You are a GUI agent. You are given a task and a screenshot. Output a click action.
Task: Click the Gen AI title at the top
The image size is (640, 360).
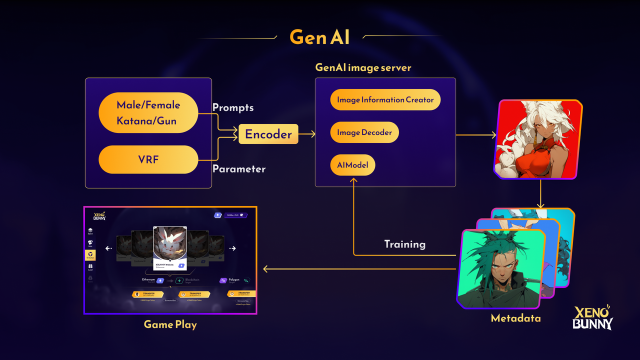tap(319, 37)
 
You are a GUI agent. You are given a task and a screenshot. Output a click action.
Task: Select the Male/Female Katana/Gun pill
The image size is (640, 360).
tap(148, 112)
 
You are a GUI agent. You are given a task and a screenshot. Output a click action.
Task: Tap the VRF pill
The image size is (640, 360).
tap(148, 159)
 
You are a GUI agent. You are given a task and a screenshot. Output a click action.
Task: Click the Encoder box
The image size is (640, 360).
tap(268, 134)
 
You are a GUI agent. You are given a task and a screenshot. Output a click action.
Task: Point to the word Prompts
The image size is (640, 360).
tap(233, 107)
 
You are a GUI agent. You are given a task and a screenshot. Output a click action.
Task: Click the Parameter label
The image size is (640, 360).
tap(239, 169)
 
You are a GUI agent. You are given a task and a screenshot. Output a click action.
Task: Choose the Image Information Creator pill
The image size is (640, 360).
tap(385, 99)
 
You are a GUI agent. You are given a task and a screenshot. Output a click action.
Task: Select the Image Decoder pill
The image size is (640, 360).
tap(364, 132)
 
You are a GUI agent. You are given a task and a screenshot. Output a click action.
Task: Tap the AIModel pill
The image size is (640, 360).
tap(352, 165)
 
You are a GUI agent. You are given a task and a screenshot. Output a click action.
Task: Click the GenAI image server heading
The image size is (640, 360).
tap(363, 67)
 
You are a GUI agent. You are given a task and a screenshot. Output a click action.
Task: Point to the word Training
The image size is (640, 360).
tap(404, 244)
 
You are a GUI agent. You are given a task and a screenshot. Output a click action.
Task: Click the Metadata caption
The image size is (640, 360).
tap(515, 318)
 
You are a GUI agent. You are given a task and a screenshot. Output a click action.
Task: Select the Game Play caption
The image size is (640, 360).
tap(170, 324)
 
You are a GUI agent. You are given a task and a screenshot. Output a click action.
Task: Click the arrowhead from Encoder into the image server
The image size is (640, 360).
tap(313, 134)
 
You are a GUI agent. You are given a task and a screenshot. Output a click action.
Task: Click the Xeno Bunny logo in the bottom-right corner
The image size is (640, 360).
tap(592, 318)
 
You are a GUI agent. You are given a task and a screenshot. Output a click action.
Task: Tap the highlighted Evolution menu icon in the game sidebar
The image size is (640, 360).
tap(90, 255)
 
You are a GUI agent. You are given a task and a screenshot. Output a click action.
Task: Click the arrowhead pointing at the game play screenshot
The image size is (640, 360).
tap(266, 269)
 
